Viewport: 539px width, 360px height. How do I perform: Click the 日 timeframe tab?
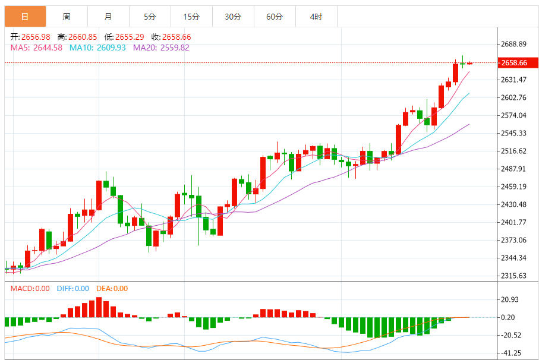point(25,17)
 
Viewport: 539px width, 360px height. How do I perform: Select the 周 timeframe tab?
point(67,17)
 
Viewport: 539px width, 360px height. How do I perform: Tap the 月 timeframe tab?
point(108,17)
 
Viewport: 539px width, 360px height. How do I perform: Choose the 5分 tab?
point(150,17)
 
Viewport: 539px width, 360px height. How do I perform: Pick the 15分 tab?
point(191,17)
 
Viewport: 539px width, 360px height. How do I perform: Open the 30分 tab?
point(233,17)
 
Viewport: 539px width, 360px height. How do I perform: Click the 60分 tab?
point(275,17)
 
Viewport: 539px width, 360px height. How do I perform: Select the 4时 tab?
point(316,17)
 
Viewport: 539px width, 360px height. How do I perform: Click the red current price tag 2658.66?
point(514,62)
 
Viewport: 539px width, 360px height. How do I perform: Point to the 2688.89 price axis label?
point(514,45)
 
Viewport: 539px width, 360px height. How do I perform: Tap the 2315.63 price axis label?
point(514,276)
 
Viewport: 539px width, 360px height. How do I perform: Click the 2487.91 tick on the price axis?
point(514,169)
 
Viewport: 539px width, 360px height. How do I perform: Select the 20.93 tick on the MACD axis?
point(510,299)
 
